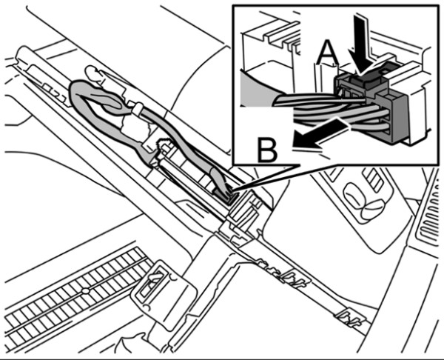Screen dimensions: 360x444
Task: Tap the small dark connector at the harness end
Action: (x=225, y=193)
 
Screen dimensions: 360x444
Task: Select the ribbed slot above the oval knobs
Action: (x=373, y=177)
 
